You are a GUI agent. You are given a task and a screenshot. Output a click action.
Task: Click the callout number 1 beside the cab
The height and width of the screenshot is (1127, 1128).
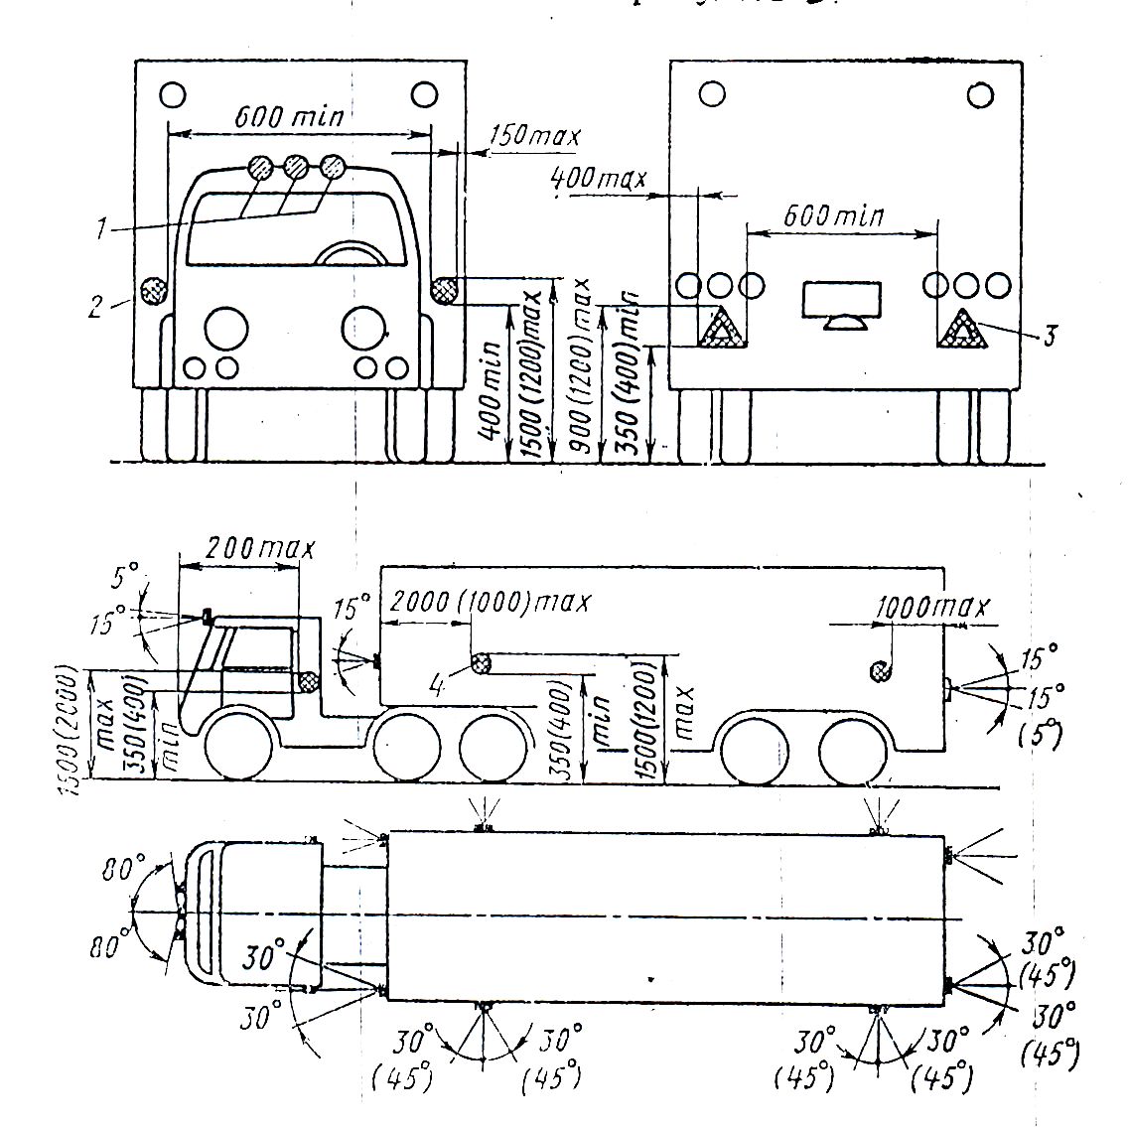[101, 229]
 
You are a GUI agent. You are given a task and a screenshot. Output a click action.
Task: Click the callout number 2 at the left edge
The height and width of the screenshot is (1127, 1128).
[95, 306]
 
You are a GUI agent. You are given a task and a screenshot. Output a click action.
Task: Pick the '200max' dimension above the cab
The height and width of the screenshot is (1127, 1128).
[258, 547]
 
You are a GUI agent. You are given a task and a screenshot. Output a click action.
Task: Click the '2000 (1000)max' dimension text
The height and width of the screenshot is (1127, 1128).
[491, 602]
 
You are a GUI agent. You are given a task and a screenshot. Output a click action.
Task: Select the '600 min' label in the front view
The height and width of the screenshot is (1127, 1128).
[289, 116]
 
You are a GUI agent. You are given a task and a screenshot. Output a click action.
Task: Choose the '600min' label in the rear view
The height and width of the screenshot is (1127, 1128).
[833, 215]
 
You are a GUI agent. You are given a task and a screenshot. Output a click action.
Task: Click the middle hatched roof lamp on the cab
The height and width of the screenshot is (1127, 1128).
[296, 166]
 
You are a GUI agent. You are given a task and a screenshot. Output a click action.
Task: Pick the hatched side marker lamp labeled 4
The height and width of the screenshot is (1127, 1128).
[482, 663]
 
